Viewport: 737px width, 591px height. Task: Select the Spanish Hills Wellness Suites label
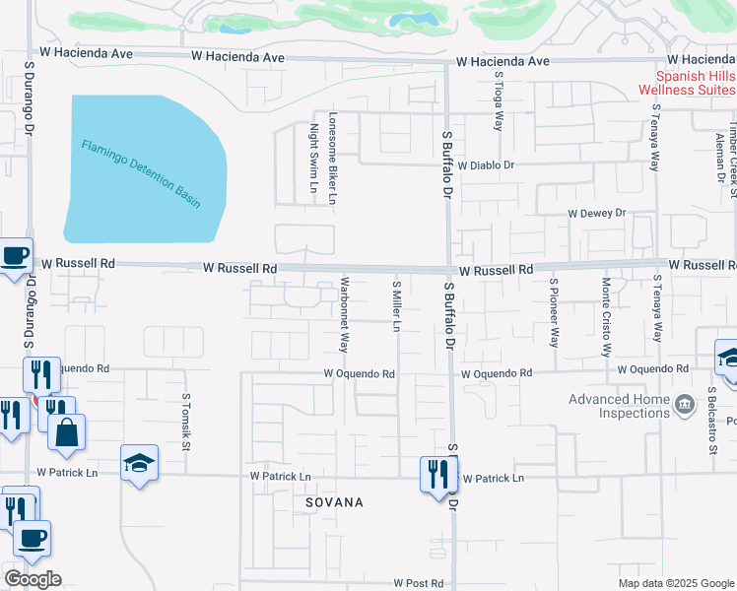coord(687,83)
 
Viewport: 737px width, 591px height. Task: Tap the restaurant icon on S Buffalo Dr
coord(435,475)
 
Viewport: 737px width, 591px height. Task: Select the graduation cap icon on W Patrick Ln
coord(139,462)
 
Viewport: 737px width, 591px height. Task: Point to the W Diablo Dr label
coord(486,165)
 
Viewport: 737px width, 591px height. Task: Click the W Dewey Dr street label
coord(596,213)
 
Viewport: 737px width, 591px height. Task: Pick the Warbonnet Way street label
coord(345,314)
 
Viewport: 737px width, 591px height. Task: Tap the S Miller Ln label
coord(396,305)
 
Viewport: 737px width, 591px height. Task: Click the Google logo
coord(33,579)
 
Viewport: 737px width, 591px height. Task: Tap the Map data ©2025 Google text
coord(675,583)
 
